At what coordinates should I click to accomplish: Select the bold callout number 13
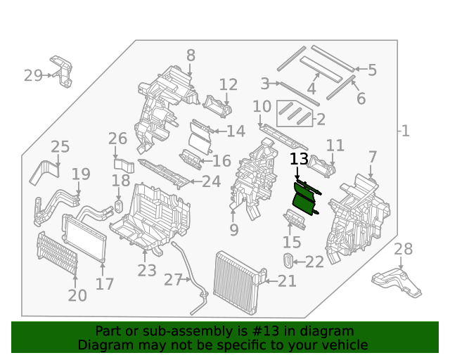[299, 160]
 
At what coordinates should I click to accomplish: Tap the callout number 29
[33, 75]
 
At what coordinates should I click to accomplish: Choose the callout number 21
[288, 282]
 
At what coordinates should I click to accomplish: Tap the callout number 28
[403, 249]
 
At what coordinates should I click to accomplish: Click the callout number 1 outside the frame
[405, 131]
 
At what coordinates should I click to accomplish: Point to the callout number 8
[191, 56]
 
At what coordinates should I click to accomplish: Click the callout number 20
[77, 295]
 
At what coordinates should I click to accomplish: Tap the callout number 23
[147, 271]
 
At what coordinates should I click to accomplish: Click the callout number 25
[60, 147]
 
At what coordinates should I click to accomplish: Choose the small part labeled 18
[119, 206]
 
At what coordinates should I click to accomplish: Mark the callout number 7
[372, 157]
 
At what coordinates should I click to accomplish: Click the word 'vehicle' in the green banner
[345, 345]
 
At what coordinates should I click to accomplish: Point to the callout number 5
[372, 70]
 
